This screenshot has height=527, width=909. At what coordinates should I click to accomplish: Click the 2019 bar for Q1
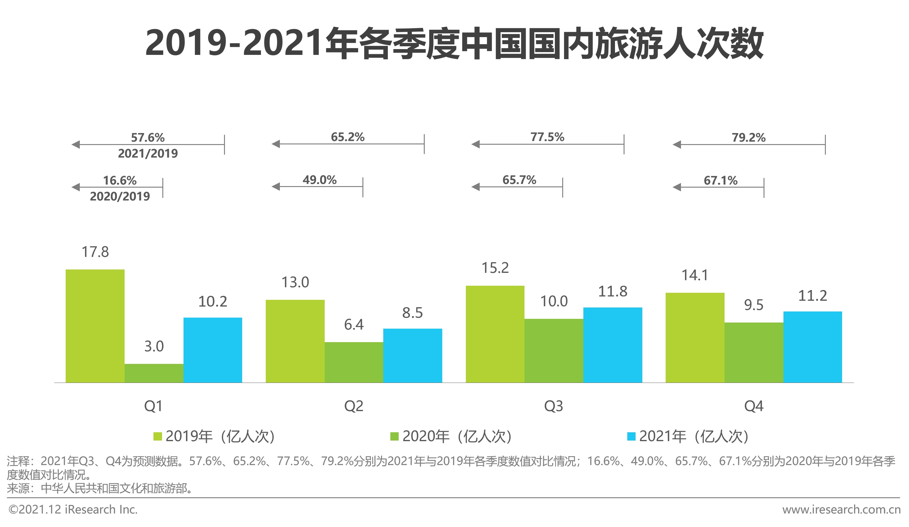click(x=95, y=326)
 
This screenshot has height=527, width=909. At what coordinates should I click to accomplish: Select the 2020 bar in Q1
click(x=154, y=373)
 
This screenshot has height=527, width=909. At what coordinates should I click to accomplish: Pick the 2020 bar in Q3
click(x=554, y=350)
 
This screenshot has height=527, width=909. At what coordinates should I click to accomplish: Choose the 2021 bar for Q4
click(x=812, y=347)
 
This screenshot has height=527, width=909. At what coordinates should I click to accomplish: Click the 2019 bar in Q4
click(x=695, y=338)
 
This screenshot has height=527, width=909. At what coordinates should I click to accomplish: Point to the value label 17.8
click(x=95, y=252)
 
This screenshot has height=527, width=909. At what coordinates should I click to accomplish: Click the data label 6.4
click(x=354, y=324)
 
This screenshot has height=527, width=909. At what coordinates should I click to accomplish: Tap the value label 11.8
click(x=613, y=291)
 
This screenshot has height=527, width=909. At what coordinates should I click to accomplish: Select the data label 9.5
click(x=753, y=305)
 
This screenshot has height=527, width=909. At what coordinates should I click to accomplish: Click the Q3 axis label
click(x=553, y=406)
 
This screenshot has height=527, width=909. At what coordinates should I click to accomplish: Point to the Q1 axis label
click(x=153, y=406)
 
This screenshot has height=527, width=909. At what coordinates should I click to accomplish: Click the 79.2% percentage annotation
click(x=748, y=137)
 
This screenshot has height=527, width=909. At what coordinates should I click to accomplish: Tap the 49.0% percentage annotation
click(x=319, y=180)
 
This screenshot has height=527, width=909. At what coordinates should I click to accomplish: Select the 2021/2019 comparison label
click(x=148, y=154)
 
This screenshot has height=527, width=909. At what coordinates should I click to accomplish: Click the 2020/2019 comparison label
click(x=120, y=197)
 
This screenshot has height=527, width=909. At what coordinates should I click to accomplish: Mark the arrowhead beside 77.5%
click(x=476, y=144)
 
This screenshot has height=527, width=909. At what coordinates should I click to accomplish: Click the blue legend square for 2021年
click(x=631, y=437)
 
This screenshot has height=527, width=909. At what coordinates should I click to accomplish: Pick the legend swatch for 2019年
click(x=158, y=437)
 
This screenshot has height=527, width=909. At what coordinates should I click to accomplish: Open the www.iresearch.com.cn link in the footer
click(x=841, y=510)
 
